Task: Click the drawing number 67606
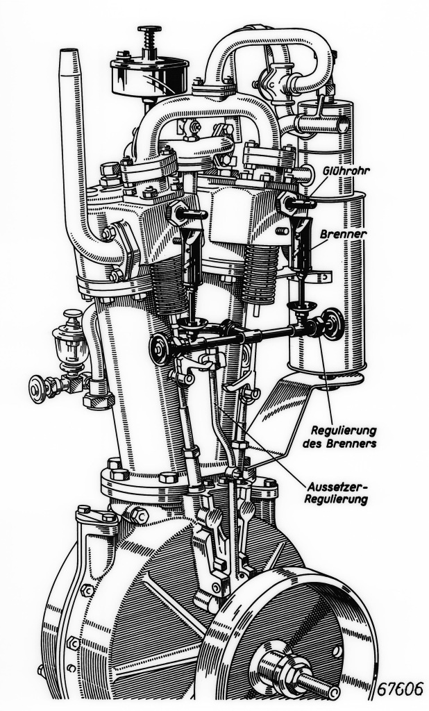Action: click(x=402, y=688)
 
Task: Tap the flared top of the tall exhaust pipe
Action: click(x=69, y=56)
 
